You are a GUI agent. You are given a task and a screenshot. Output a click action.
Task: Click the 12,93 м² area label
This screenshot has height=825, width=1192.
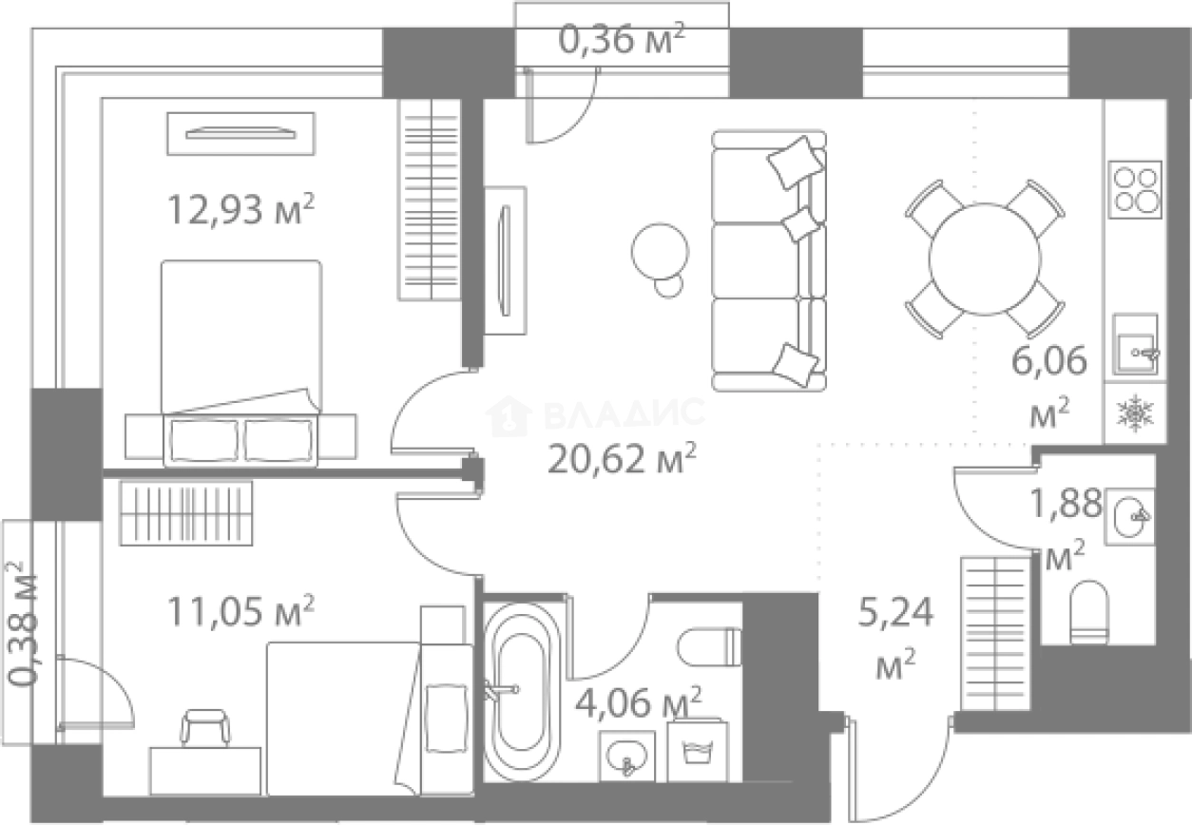pos(241,209)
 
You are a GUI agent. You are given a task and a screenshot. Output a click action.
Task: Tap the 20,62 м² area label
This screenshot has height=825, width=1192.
pos(622,458)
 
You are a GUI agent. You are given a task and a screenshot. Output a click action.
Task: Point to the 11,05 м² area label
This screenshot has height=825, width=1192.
pos(241,611)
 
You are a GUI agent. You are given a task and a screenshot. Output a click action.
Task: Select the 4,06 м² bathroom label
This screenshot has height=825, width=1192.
pos(639,702)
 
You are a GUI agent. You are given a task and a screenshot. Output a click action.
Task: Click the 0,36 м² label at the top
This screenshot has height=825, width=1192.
pos(622,39)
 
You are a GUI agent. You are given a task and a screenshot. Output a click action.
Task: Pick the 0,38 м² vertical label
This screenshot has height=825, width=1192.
pos(23,623)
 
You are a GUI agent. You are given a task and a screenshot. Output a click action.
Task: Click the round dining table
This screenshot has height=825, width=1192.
pos(985,259)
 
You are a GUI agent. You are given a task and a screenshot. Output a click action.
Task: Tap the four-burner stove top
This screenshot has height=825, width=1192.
pos(1135,189)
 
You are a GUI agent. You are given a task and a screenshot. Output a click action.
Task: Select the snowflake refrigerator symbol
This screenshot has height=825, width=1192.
pos(1135,413)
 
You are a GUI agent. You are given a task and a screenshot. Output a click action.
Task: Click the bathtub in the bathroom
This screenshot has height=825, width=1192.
pos(522,692)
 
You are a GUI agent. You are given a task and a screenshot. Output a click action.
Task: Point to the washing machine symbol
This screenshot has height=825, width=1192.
pos(697,751)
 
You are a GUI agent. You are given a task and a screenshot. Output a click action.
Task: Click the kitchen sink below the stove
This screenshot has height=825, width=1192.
pos(1136,345)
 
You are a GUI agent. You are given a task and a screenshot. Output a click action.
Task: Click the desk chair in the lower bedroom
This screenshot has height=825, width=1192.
pos(205,728)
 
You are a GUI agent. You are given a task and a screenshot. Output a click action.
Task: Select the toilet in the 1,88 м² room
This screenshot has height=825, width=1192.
pos(1089,612)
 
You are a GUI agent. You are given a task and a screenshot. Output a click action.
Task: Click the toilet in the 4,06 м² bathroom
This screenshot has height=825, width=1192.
pos(709,647)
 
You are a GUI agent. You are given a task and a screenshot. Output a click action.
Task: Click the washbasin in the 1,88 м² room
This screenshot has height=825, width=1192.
pos(1129,517)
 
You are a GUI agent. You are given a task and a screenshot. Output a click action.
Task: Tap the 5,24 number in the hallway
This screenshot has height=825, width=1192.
pos(896,612)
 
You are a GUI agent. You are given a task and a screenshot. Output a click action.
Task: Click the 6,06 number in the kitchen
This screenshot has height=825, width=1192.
pos(1048,361)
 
